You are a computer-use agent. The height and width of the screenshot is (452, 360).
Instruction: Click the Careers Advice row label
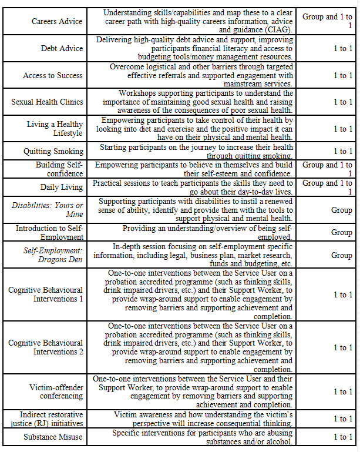(x=57, y=21)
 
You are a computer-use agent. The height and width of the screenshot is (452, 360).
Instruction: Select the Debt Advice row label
(x=62, y=48)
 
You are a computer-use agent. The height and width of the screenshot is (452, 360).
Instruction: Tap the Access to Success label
(x=53, y=75)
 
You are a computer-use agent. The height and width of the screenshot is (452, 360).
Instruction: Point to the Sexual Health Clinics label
(x=47, y=102)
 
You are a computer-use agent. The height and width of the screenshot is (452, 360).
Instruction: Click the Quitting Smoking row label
(x=53, y=151)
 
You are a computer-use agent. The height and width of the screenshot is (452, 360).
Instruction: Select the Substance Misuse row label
(x=53, y=437)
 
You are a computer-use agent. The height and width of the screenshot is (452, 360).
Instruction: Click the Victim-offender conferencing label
(x=56, y=391)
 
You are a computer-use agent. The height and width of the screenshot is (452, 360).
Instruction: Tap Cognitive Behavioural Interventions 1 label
(x=45, y=294)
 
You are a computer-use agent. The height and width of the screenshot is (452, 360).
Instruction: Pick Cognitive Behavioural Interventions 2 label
(x=45, y=347)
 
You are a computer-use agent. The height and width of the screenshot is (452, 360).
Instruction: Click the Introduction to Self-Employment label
(x=49, y=232)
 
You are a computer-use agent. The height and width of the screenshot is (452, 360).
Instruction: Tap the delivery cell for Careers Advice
(x=327, y=21)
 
